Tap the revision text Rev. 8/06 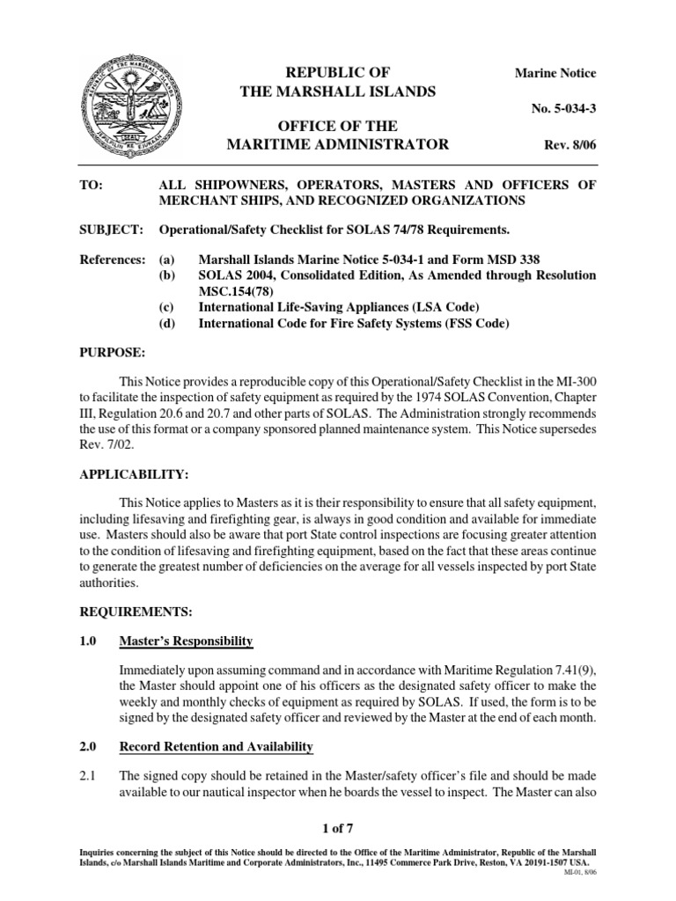click(x=568, y=145)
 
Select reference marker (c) click(x=166, y=308)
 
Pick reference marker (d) click(x=166, y=324)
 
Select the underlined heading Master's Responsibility click(x=187, y=641)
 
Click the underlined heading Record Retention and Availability click(x=217, y=747)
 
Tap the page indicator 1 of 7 click(x=338, y=827)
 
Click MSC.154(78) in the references click(x=237, y=291)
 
